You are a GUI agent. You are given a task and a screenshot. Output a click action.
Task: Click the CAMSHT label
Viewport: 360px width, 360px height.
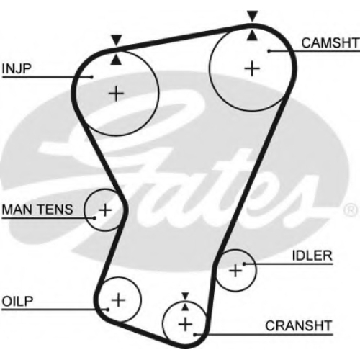pos(330,43)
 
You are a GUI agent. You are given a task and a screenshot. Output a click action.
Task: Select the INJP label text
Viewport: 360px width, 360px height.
pos(17,68)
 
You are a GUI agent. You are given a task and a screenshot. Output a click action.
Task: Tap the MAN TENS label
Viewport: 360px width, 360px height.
pos(37,210)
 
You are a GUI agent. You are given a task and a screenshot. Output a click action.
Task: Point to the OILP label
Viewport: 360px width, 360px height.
pos(17,302)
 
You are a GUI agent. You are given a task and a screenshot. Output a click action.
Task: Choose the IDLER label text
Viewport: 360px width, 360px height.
pos(312,256)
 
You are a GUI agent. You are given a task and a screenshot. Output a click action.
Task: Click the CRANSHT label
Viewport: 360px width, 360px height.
pos(299,326)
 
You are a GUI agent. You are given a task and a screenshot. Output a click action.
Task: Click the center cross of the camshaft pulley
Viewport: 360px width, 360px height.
pos(252,69)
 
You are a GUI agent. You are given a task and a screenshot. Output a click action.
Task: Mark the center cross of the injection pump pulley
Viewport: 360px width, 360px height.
pos(116,94)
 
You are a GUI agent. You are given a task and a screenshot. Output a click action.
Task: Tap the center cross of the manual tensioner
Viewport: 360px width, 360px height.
pos(105,210)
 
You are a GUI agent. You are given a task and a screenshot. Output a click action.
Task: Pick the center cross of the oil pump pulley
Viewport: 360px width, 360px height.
pos(119,300)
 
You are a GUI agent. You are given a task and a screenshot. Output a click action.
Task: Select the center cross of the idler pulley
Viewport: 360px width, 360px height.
pos(235,271)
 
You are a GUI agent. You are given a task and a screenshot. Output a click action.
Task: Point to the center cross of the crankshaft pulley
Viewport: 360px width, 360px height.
pos(185,325)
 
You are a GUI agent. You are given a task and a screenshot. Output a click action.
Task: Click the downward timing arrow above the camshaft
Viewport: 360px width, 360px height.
pos(252,17)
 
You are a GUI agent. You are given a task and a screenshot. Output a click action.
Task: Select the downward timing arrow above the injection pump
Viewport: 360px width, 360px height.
pos(116,40)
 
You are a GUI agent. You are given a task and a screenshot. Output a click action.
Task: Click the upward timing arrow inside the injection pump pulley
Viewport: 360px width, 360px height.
pos(116,59)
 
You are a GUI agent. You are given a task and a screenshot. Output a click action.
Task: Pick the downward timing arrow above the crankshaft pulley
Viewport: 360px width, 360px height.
pos(185,296)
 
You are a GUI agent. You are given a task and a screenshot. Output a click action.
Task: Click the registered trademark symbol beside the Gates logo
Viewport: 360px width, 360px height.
pos(351,210)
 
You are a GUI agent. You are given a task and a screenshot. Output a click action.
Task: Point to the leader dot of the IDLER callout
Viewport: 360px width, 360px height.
pos(244,264)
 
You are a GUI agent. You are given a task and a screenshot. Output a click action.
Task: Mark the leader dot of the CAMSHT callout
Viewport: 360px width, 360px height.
pos(269,51)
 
